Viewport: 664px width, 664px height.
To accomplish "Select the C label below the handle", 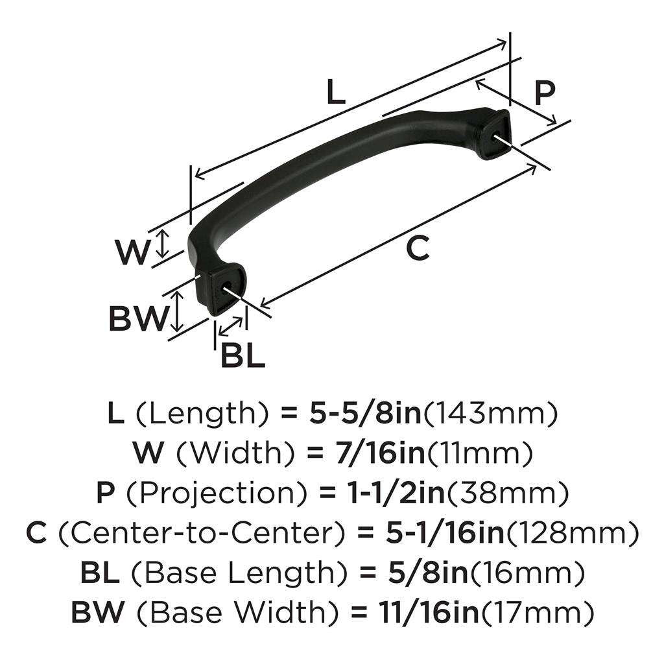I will [418, 248].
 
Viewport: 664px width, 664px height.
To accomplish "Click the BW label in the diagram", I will [137, 318].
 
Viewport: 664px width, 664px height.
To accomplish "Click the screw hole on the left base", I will [229, 284].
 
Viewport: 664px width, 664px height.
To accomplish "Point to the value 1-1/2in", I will [381, 493].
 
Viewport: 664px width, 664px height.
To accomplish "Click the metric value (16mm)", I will [526, 573].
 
